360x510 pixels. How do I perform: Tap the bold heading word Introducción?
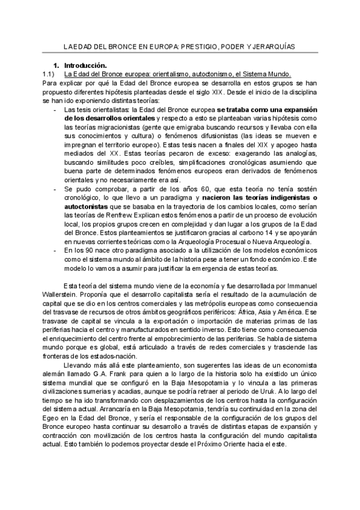tap(85, 65)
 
